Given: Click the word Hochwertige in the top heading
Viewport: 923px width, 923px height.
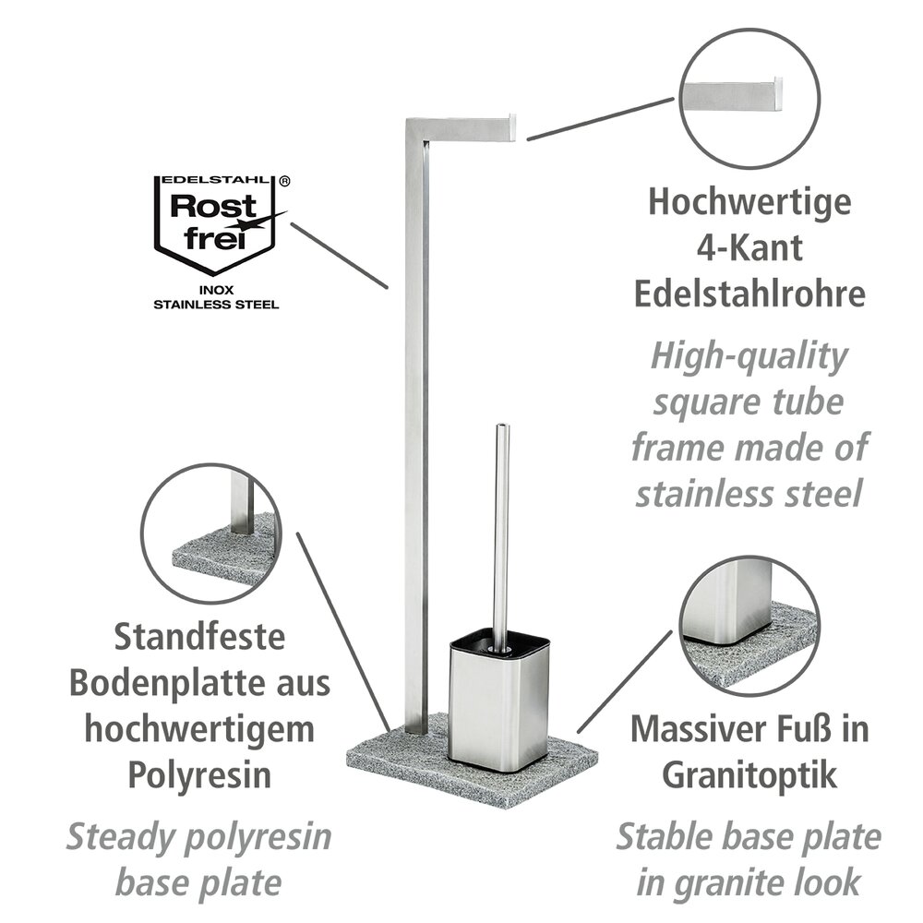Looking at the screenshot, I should (749, 202).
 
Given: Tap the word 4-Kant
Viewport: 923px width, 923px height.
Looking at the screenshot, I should (749, 247).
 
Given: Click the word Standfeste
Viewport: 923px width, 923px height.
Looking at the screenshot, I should (199, 637).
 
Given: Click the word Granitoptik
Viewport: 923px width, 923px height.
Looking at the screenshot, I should (749, 773).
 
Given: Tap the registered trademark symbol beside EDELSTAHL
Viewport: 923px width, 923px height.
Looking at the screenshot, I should (284, 182).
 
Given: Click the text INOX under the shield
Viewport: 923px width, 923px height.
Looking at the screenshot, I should (215, 289).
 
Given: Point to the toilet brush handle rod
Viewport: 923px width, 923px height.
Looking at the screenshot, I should (501, 526).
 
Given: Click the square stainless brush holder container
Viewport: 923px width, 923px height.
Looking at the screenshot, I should (498, 701).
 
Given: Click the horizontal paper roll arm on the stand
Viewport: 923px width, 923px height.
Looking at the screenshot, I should (461, 123).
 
